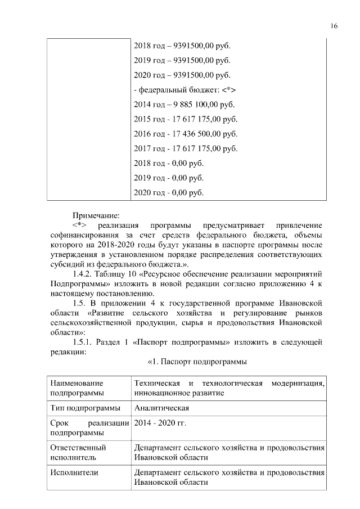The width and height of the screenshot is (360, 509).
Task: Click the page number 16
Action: click(x=334, y=26)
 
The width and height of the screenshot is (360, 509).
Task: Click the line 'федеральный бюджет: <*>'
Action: click(x=184, y=89)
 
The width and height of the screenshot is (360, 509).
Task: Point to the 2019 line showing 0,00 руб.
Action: click(x=169, y=178)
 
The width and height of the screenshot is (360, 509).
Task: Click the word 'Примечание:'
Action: click(x=96, y=215)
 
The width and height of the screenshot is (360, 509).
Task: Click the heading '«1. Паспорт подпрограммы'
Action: click(x=197, y=361)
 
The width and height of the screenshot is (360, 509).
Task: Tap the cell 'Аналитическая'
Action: click(x=161, y=408)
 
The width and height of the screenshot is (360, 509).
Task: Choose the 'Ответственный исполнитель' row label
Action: click(x=78, y=453)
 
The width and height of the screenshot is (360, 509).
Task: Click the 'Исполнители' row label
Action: click(x=74, y=472)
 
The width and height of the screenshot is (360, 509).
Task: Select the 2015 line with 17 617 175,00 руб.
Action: click(x=186, y=119)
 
